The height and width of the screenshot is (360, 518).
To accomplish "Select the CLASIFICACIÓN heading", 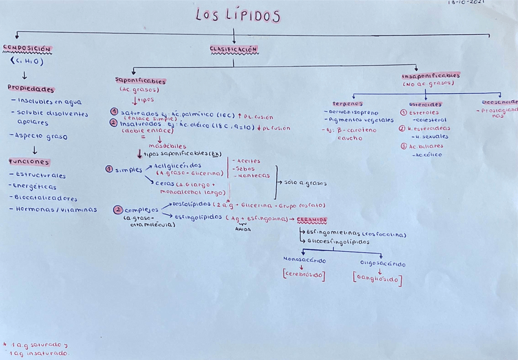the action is coord(233,49).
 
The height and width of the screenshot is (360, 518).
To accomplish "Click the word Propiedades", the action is coord(31,89).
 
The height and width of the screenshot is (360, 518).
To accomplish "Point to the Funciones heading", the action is coord(29,162).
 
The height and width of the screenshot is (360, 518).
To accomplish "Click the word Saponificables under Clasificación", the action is coord(140,80).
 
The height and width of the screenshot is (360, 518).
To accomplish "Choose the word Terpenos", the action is coord(347,104).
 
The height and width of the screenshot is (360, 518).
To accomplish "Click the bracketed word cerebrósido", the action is coord(304,275).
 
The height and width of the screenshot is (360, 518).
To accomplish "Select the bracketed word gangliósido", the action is coord(377,280).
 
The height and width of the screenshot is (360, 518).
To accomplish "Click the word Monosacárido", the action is coord(305,260).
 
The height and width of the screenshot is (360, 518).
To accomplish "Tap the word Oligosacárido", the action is coord(382,264).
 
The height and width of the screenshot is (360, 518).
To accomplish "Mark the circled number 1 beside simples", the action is coord(109,169).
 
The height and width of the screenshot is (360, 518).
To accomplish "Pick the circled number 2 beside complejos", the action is coord(117,210).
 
